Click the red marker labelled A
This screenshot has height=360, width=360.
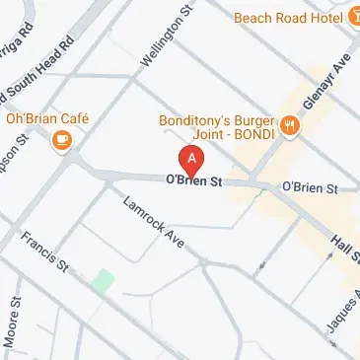point(191,159)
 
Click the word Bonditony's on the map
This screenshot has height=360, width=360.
point(196,121)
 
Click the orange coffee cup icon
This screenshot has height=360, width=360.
point(63,141)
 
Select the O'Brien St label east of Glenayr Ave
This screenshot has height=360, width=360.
point(310,186)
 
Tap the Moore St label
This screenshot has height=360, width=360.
point(12,331)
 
